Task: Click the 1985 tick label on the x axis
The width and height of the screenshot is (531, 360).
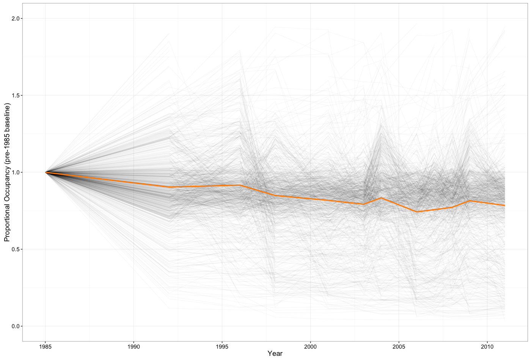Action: click(45, 346)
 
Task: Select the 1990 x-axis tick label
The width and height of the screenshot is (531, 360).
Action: click(134, 346)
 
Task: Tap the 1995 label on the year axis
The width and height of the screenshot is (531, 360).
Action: click(222, 346)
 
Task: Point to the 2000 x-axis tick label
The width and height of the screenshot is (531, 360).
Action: click(310, 346)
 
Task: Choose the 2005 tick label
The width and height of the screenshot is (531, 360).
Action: click(399, 346)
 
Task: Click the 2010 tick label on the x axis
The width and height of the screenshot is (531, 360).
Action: click(487, 346)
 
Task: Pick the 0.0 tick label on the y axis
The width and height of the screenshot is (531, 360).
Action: click(16, 326)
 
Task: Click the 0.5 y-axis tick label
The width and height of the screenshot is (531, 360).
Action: click(16, 249)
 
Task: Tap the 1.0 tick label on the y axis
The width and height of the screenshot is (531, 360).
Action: click(16, 172)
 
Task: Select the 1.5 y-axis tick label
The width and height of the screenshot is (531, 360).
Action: click(16, 95)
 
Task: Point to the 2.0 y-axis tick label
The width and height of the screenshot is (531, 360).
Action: click(16, 19)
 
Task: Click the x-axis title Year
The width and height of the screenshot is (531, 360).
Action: click(275, 354)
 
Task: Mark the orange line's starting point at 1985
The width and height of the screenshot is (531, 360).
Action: click(46, 172)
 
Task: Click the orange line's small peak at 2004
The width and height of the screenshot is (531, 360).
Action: click(381, 198)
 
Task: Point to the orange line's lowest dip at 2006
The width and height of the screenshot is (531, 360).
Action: click(416, 212)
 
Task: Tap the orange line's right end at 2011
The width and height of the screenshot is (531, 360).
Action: click(505, 205)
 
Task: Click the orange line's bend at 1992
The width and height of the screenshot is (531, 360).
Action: click(169, 187)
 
